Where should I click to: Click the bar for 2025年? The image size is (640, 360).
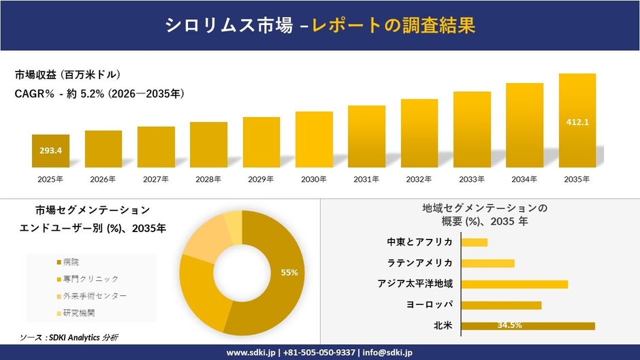click(x=50, y=151)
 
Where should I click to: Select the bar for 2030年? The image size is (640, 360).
click(x=314, y=140)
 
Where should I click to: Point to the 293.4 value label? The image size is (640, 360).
click(x=50, y=150)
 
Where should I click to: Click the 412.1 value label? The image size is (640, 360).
click(x=577, y=122)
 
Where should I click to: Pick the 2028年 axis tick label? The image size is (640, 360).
click(x=208, y=180)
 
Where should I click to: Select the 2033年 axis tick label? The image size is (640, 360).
click(x=472, y=180)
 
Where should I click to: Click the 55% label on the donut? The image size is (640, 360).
click(x=289, y=272)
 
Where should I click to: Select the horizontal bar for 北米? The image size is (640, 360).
click(x=528, y=326)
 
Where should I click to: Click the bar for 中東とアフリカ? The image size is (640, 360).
click(x=475, y=242)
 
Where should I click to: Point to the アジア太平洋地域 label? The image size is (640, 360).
click(x=415, y=284)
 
